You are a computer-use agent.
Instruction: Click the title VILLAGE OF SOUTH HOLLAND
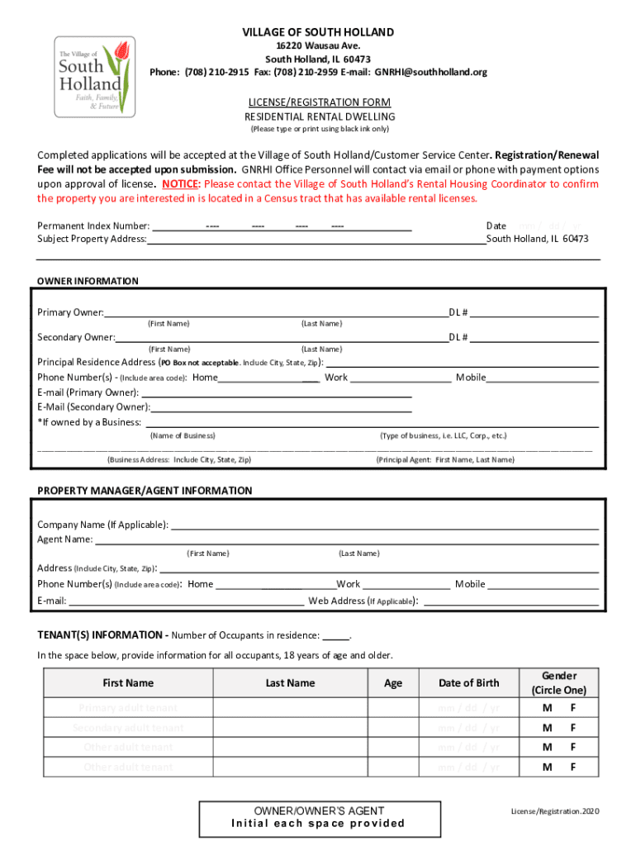[x=318, y=32]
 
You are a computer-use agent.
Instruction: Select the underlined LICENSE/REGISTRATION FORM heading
[x=318, y=102]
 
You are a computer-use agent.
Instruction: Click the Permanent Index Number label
[x=93, y=226]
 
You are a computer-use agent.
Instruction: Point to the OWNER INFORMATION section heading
[x=88, y=281]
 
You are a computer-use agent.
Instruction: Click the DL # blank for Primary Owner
[x=534, y=313]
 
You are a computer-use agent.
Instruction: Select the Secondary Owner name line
[x=281, y=337]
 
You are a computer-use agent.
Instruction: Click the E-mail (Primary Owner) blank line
[x=276, y=392]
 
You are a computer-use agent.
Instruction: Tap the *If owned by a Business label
[x=89, y=422]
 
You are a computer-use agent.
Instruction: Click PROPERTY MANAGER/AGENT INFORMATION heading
[x=145, y=491]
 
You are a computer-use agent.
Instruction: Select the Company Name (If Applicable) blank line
[x=384, y=525]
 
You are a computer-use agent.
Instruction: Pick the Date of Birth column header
[x=468, y=682]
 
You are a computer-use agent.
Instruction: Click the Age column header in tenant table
[x=393, y=682]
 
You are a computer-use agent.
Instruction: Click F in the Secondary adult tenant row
[x=572, y=728]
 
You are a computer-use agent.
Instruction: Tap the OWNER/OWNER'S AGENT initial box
[x=318, y=817]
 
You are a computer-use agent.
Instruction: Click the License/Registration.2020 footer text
[x=553, y=811]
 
